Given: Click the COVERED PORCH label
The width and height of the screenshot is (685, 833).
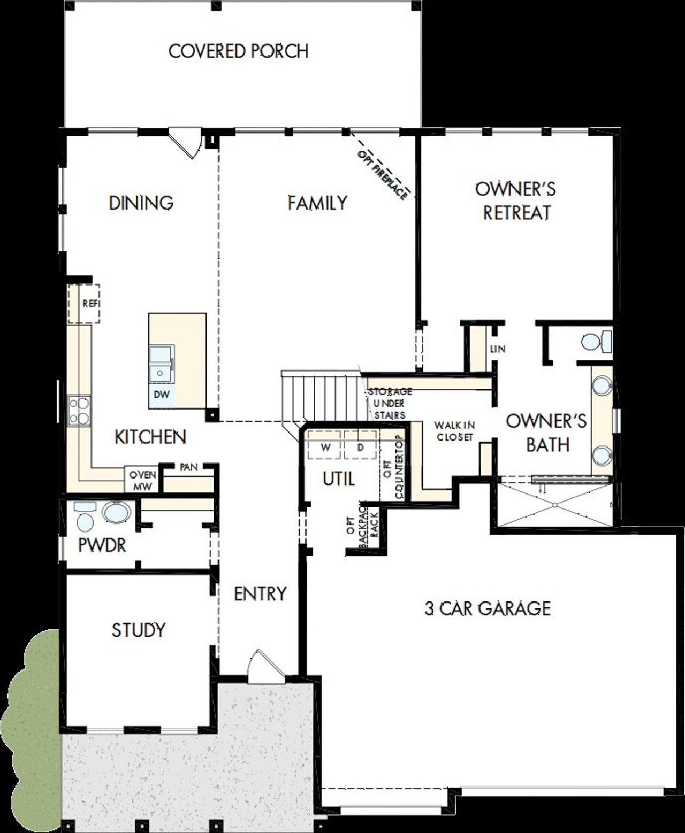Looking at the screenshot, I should [x=239, y=51].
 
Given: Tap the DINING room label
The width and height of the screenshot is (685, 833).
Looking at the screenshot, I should [x=141, y=203].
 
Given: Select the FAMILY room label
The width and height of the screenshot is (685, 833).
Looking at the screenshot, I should [x=317, y=203].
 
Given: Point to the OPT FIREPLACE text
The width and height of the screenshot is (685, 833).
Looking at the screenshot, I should [x=383, y=175].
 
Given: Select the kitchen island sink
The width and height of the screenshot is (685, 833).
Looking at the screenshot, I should [x=162, y=364].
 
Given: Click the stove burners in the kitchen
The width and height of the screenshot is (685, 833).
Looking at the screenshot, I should [x=79, y=411].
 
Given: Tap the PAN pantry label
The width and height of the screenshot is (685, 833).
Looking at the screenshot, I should [x=188, y=467].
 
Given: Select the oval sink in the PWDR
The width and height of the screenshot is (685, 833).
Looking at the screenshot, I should [x=116, y=512].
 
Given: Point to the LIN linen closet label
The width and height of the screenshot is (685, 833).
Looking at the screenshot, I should [x=497, y=349].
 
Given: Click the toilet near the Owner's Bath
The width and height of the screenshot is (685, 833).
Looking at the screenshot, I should [x=595, y=342].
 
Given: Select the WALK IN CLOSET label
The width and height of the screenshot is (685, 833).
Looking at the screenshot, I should [x=454, y=431].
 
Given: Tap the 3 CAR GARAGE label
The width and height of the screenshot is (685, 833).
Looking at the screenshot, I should [x=488, y=608].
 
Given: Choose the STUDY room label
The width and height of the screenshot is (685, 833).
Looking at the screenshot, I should [x=139, y=630].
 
